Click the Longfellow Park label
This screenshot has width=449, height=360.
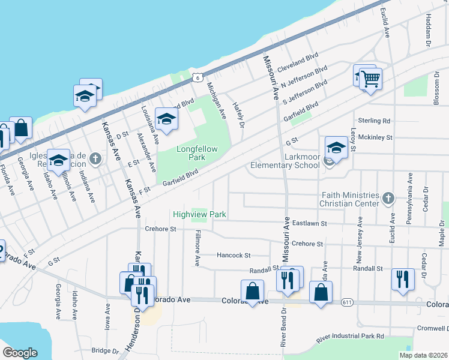point(191,153)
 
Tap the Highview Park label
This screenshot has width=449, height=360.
point(199,214)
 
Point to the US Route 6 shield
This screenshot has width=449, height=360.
point(197,77)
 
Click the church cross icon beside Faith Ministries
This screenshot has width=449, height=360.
point(388,197)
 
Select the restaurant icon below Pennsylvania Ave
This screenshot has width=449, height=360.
point(401,279)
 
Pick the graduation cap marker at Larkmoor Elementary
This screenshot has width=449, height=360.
point(336,148)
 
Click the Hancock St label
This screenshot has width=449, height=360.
point(234,256)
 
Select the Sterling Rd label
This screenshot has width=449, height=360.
point(374,121)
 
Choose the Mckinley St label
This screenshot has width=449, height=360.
point(376,137)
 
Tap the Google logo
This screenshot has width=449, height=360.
point(20,353)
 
